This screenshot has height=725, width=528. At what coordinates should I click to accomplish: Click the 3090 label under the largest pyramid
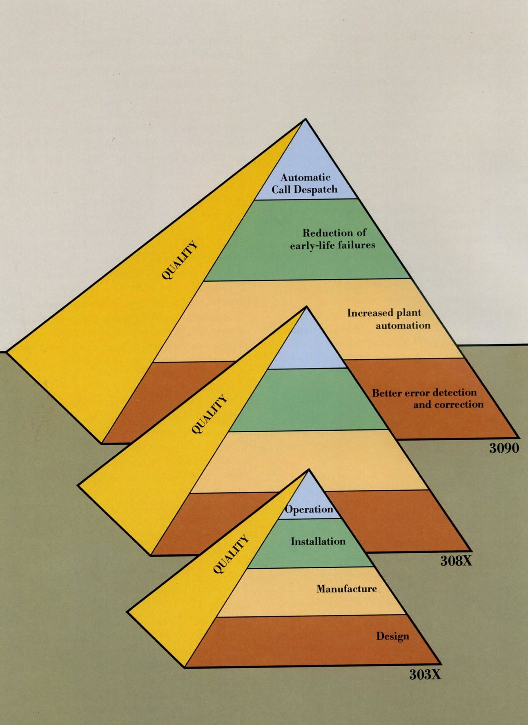click(x=504, y=448)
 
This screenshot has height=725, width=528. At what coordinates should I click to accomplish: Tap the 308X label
click(x=456, y=560)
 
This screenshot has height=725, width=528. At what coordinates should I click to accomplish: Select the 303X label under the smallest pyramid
click(x=425, y=674)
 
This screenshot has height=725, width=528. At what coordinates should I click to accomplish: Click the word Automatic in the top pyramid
click(x=305, y=177)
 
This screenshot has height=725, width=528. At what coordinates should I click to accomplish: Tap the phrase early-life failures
click(x=332, y=245)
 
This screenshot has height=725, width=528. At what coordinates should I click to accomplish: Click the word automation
click(x=403, y=325)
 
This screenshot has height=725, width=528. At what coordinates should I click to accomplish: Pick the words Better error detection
click(x=424, y=393)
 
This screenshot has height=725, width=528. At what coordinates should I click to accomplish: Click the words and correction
click(x=448, y=405)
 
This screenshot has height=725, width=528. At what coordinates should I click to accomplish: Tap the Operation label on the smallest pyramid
click(x=309, y=509)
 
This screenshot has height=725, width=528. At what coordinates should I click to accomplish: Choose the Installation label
click(x=318, y=541)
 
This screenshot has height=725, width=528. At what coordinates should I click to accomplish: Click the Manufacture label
click(x=347, y=589)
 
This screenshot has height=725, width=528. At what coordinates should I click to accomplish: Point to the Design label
click(x=392, y=636)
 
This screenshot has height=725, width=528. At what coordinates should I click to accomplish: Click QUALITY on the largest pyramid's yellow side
click(x=180, y=260)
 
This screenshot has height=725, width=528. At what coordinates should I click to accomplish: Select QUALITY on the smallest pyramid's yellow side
click(x=231, y=554)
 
